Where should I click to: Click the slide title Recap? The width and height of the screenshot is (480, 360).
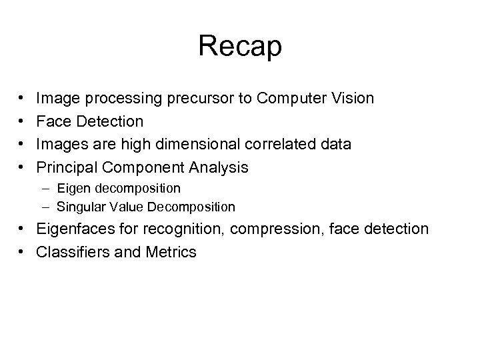[x=240, y=47]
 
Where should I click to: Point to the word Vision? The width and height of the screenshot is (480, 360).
[x=351, y=99]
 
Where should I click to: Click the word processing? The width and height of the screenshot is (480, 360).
[x=120, y=99]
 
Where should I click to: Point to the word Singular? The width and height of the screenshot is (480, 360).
[x=79, y=207]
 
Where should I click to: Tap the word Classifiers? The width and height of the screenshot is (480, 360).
[x=74, y=253]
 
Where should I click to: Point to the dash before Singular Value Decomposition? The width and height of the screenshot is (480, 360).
[x=49, y=207]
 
